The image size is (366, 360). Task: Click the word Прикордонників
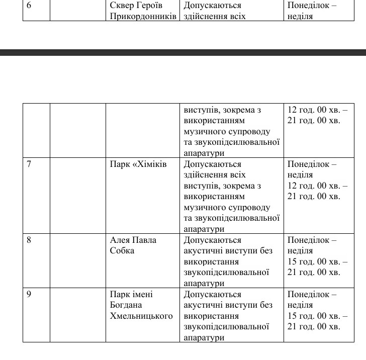click(143, 16)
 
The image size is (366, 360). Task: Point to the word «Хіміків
click(149, 164)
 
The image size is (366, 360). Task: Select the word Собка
click(122, 250)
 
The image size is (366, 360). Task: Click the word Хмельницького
click(141, 316)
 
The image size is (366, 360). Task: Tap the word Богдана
click(126, 305)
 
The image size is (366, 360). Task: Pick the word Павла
click(144, 240)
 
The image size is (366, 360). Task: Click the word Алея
click(120, 240)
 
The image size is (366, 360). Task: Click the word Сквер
click(122, 6)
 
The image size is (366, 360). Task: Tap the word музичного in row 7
click(205, 207)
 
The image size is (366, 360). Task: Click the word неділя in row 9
click(300, 305)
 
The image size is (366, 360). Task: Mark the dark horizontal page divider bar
click(183, 52)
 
